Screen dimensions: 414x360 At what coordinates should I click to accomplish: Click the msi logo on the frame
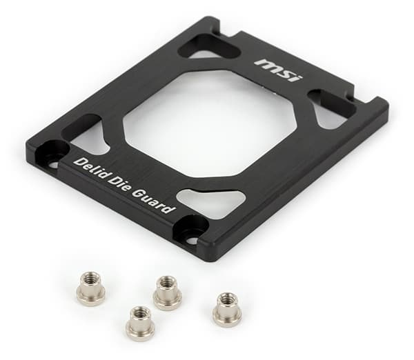click(279, 70)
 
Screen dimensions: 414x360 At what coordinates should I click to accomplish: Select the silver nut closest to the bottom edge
click(139, 321)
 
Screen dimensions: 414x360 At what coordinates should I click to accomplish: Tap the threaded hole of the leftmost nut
click(90, 279)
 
